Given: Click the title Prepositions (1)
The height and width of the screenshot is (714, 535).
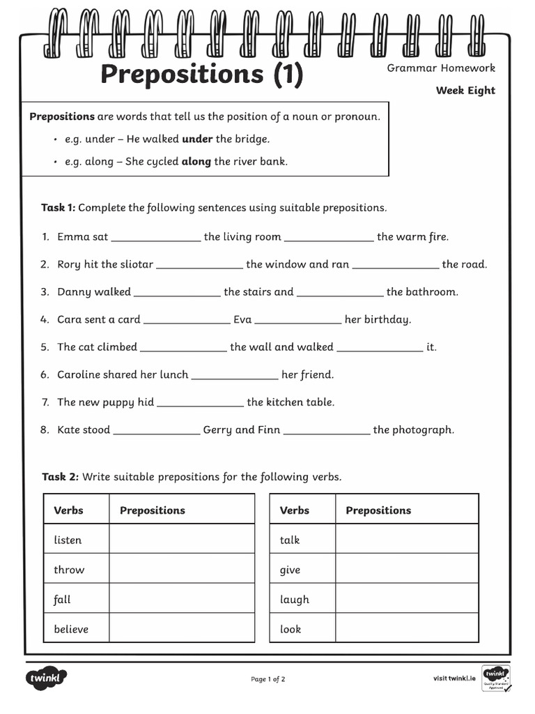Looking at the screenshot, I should click(202, 75).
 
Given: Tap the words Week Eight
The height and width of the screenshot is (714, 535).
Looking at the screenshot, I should click(465, 90).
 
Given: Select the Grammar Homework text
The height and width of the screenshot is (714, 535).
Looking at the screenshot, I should click(441, 68).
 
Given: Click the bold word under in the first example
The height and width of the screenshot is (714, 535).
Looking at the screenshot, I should click(197, 139).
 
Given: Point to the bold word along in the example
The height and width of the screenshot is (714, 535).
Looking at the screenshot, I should click(196, 162).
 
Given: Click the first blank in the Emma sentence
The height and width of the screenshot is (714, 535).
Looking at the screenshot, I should click(155, 238).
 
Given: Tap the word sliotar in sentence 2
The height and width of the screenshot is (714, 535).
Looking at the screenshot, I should click(137, 264).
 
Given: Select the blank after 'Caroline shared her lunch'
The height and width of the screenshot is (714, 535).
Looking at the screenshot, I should click(235, 376).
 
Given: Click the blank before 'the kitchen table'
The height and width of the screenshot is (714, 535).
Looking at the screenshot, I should click(201, 403).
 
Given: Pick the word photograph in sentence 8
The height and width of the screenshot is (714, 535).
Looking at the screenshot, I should click(424, 430).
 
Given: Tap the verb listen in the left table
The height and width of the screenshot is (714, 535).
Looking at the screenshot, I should click(68, 540).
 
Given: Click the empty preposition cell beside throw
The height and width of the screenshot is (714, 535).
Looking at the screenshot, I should click(181, 570).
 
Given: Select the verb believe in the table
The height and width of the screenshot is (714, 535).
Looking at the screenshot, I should click(71, 629).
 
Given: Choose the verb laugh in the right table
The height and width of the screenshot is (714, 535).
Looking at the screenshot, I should click(294, 600).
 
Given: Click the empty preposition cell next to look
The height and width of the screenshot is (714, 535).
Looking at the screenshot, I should click(407, 629).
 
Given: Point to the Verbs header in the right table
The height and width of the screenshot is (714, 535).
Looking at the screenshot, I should click(294, 510).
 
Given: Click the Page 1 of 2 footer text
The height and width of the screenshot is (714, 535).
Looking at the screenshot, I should click(267, 678).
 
